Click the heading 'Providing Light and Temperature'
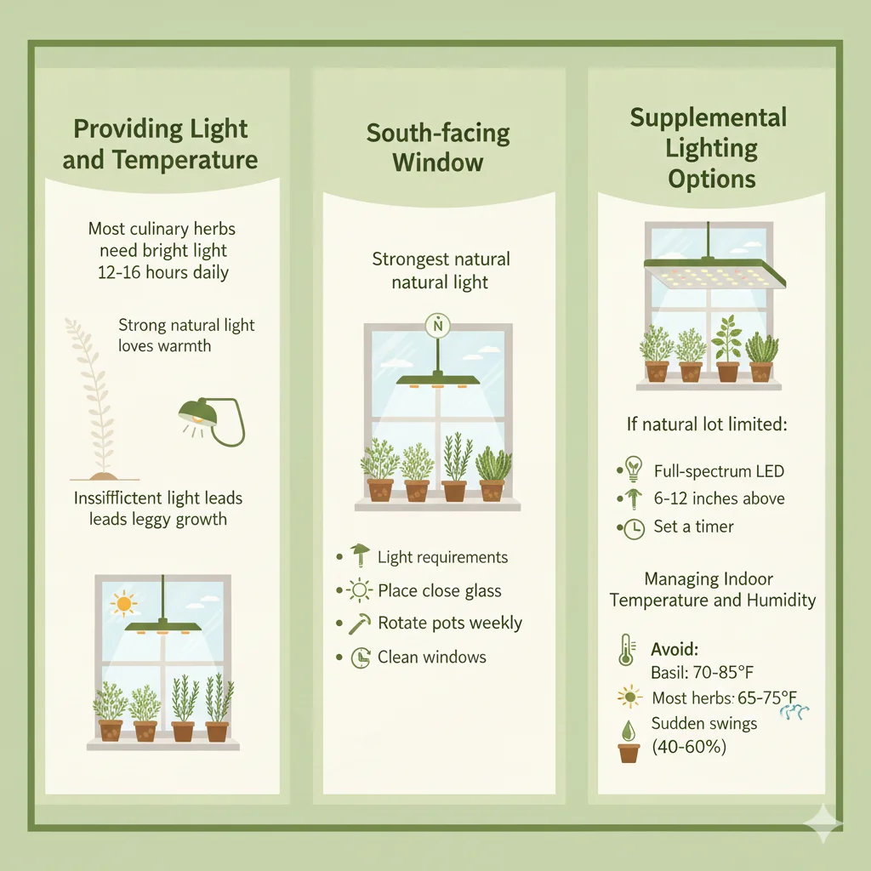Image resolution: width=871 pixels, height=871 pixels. pos(160,145)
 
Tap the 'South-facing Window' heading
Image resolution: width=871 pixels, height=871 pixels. pos(438,147)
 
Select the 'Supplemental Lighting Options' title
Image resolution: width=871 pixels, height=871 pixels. pos(709,148)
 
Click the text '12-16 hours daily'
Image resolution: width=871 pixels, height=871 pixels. pos(162,273)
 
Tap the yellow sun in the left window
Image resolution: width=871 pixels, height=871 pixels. pos(124,604)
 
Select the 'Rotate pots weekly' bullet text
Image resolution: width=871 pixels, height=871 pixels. pos(450,623)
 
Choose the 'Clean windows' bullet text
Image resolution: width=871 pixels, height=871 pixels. pos(432,657)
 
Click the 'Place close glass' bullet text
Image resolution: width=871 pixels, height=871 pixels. pos(440,590)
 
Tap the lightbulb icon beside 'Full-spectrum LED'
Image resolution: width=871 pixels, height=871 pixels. pos(633,470)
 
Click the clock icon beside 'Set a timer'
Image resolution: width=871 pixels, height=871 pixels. pos(634,527)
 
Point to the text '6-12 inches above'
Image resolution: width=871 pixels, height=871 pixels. pos(719,498)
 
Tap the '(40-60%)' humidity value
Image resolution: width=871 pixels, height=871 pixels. pos(689,749)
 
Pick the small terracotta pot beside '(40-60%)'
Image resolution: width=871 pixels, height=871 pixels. pos(629,751)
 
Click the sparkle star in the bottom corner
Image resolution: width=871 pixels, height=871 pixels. pos(825,823)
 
